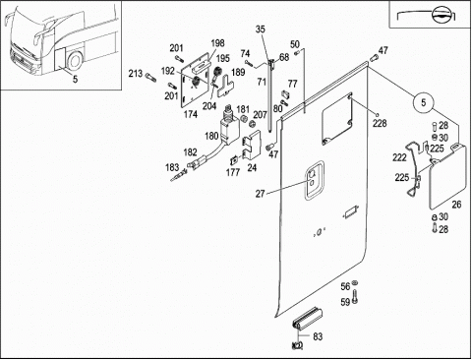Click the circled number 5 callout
(x=423, y=102)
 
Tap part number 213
(x=136, y=74)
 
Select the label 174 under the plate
(x=191, y=114)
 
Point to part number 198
(x=217, y=43)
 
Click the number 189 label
(x=238, y=72)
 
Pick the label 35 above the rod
(x=260, y=30)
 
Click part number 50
(x=295, y=44)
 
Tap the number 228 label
(x=380, y=123)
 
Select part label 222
(x=399, y=157)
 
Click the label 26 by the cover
(x=456, y=205)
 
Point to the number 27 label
(x=260, y=194)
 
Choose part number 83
(x=318, y=336)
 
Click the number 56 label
(x=345, y=286)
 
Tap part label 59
(x=345, y=302)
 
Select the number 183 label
(x=172, y=167)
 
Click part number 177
(x=233, y=172)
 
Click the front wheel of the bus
(x=75, y=61)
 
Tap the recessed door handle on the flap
(x=315, y=180)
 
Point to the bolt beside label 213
(x=150, y=77)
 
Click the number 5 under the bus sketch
(x=75, y=79)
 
